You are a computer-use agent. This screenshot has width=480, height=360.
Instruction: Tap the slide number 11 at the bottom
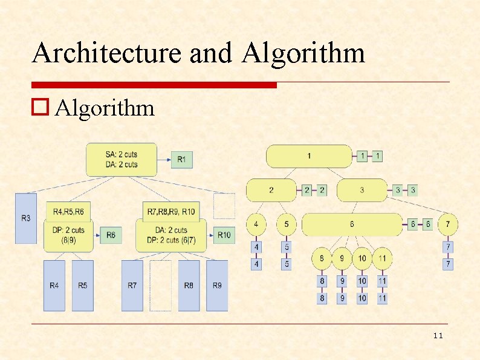click(x=438, y=336)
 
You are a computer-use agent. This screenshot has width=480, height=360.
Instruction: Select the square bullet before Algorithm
click(x=41, y=108)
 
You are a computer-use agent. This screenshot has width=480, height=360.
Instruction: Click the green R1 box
click(x=182, y=160)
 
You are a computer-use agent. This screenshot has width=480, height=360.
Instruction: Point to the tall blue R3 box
click(x=26, y=218)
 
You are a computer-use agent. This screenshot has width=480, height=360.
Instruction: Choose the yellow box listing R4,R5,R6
click(x=68, y=211)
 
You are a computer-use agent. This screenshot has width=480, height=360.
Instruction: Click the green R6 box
click(x=111, y=235)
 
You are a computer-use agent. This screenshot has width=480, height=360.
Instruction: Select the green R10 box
click(x=223, y=235)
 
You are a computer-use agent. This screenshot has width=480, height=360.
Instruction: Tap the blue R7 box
click(x=132, y=286)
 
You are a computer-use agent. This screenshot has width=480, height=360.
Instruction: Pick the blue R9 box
click(x=217, y=286)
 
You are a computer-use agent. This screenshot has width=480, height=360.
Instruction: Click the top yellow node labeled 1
click(x=309, y=156)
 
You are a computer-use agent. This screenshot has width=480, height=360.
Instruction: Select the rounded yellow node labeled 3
click(x=362, y=190)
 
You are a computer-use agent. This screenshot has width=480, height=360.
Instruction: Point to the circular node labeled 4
click(x=256, y=224)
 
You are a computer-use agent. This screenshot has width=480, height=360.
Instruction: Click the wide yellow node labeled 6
click(x=352, y=224)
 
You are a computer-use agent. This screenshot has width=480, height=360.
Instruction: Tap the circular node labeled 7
click(x=447, y=224)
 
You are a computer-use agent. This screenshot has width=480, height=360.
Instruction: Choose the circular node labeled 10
click(x=362, y=258)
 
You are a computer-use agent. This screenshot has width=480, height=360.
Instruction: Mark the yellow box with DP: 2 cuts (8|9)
click(x=68, y=235)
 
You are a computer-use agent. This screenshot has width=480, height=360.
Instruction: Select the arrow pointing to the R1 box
click(x=164, y=160)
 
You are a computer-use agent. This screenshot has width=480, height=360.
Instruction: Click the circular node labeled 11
click(x=382, y=258)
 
